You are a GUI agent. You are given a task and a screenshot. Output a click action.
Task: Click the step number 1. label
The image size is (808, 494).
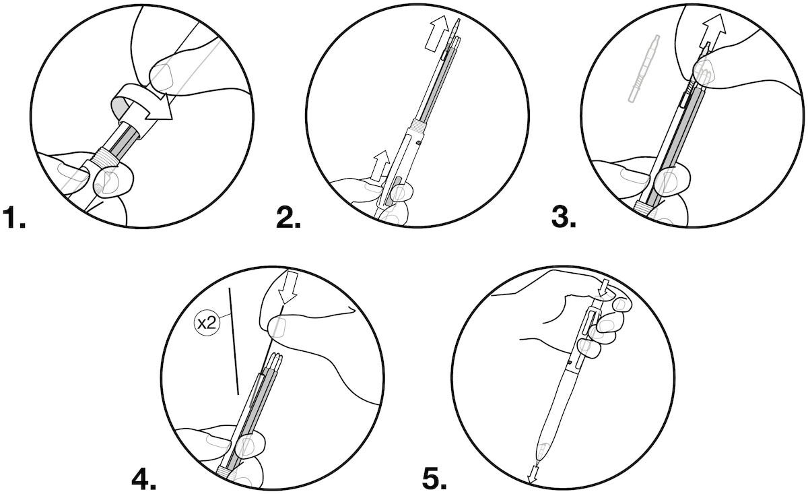point(14,219)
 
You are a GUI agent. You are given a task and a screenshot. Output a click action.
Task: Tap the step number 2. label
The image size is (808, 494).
point(288,219)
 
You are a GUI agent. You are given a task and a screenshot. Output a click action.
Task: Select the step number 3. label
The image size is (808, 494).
point(563,219)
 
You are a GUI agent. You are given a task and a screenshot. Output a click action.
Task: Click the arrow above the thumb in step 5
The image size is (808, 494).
point(604,287)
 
